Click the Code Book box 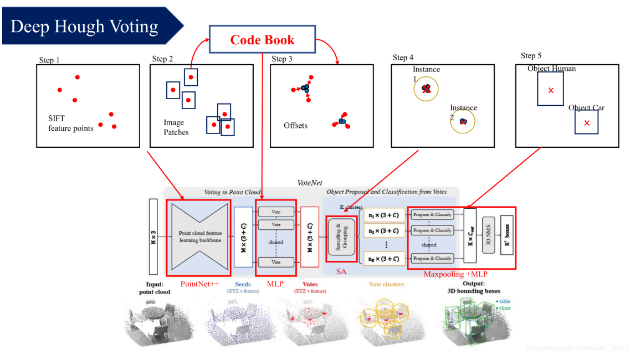262,40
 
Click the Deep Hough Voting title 84,26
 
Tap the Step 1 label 49,60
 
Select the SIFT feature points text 70,124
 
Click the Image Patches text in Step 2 176,127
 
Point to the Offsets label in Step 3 295,126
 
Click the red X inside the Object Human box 550,90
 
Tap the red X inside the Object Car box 587,122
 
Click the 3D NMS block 488,235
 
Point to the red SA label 341,271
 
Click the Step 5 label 531,56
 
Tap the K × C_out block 470,235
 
